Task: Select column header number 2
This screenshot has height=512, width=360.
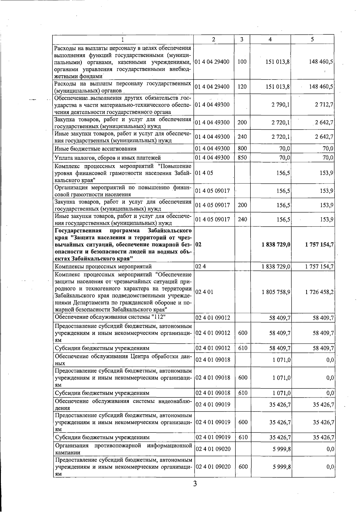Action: pyautogui.click(x=213, y=39)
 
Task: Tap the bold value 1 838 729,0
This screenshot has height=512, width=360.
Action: pyautogui.click(x=276, y=245)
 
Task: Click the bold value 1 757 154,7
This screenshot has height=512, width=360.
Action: pyautogui.click(x=319, y=245)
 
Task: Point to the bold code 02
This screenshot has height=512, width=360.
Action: pyautogui.click(x=198, y=245)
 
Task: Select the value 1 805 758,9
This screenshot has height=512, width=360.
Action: pyautogui.click(x=276, y=292)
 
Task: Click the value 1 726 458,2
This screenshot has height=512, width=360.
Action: pyautogui.click(x=319, y=292)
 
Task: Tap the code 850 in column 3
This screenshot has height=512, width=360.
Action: pyautogui.click(x=242, y=158)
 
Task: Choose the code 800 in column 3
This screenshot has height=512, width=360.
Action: pyautogui.click(x=242, y=148)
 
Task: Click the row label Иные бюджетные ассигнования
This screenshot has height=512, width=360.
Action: pyautogui.click(x=95, y=149)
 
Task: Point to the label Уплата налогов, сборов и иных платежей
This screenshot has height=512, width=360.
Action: pyautogui.click(x=107, y=158)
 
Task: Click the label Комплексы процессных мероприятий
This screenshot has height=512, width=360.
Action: pyautogui.click(x=103, y=266)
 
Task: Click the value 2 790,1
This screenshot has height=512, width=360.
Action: pyautogui.click(x=280, y=105)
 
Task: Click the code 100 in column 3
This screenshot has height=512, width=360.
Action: pyautogui.click(x=242, y=62)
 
